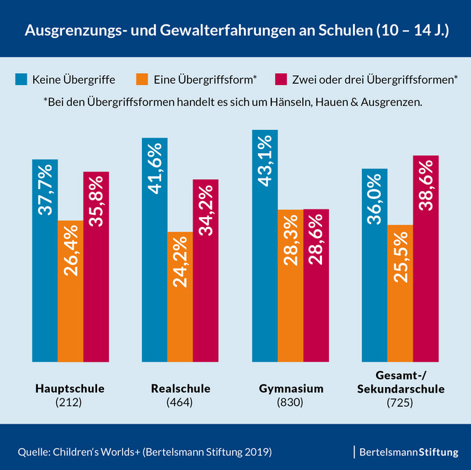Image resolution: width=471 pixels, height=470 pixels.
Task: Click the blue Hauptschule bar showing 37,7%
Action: point(44,260)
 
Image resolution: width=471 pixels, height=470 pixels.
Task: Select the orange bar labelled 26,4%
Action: point(70,291)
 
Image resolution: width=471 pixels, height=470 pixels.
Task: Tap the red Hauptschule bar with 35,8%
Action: point(96,266)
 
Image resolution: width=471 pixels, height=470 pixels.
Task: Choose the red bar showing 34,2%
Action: point(206,270)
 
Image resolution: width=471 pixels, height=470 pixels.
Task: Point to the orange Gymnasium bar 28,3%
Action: point(290,285)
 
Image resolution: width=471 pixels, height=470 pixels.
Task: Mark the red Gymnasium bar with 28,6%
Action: point(316,285)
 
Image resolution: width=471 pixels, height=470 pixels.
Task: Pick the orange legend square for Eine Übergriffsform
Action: point(142,79)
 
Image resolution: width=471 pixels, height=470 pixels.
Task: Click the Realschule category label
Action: point(180,389)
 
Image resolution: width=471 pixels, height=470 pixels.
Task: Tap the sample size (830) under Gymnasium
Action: point(290,403)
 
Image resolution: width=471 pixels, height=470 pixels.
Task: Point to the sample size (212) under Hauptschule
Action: point(70,403)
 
